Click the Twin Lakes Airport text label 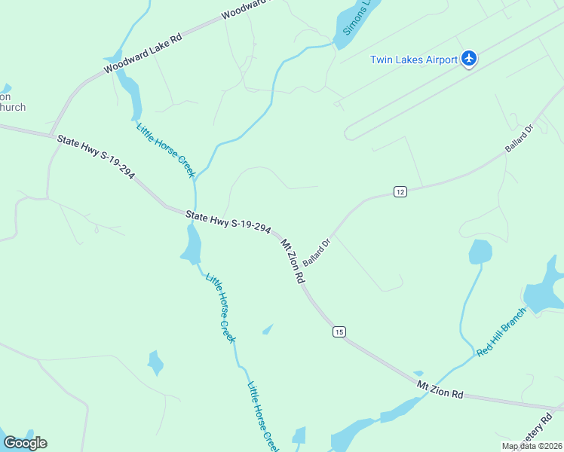point(413,60)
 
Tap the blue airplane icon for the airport point(469,58)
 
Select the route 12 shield point(400,192)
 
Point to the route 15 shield point(339,331)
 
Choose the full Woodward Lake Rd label point(143,53)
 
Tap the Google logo point(25,443)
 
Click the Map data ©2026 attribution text point(531,446)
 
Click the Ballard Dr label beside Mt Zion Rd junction point(317,252)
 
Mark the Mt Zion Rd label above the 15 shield point(293,261)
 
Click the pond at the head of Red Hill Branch point(480,252)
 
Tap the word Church point(12,107)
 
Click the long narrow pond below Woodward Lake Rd point(130,93)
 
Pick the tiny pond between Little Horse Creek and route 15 point(268,329)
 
